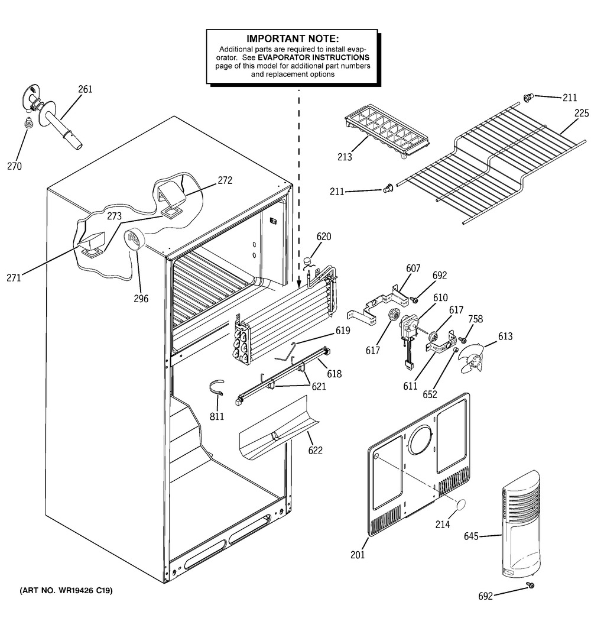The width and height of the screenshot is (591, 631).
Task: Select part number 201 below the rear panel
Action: pos(358,555)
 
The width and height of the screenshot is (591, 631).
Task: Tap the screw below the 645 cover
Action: pos(530,585)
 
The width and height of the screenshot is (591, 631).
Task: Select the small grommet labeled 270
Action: pos(27,124)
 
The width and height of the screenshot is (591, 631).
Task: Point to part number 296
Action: pos(141,299)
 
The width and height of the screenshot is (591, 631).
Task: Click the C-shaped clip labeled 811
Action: pos(217,390)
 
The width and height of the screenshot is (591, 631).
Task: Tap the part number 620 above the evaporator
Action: pos(323,237)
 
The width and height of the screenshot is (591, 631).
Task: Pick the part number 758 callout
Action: pos(475,319)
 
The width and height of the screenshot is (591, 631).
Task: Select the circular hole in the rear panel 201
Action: pos(421,439)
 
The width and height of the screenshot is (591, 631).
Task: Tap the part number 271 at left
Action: pos(13,277)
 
